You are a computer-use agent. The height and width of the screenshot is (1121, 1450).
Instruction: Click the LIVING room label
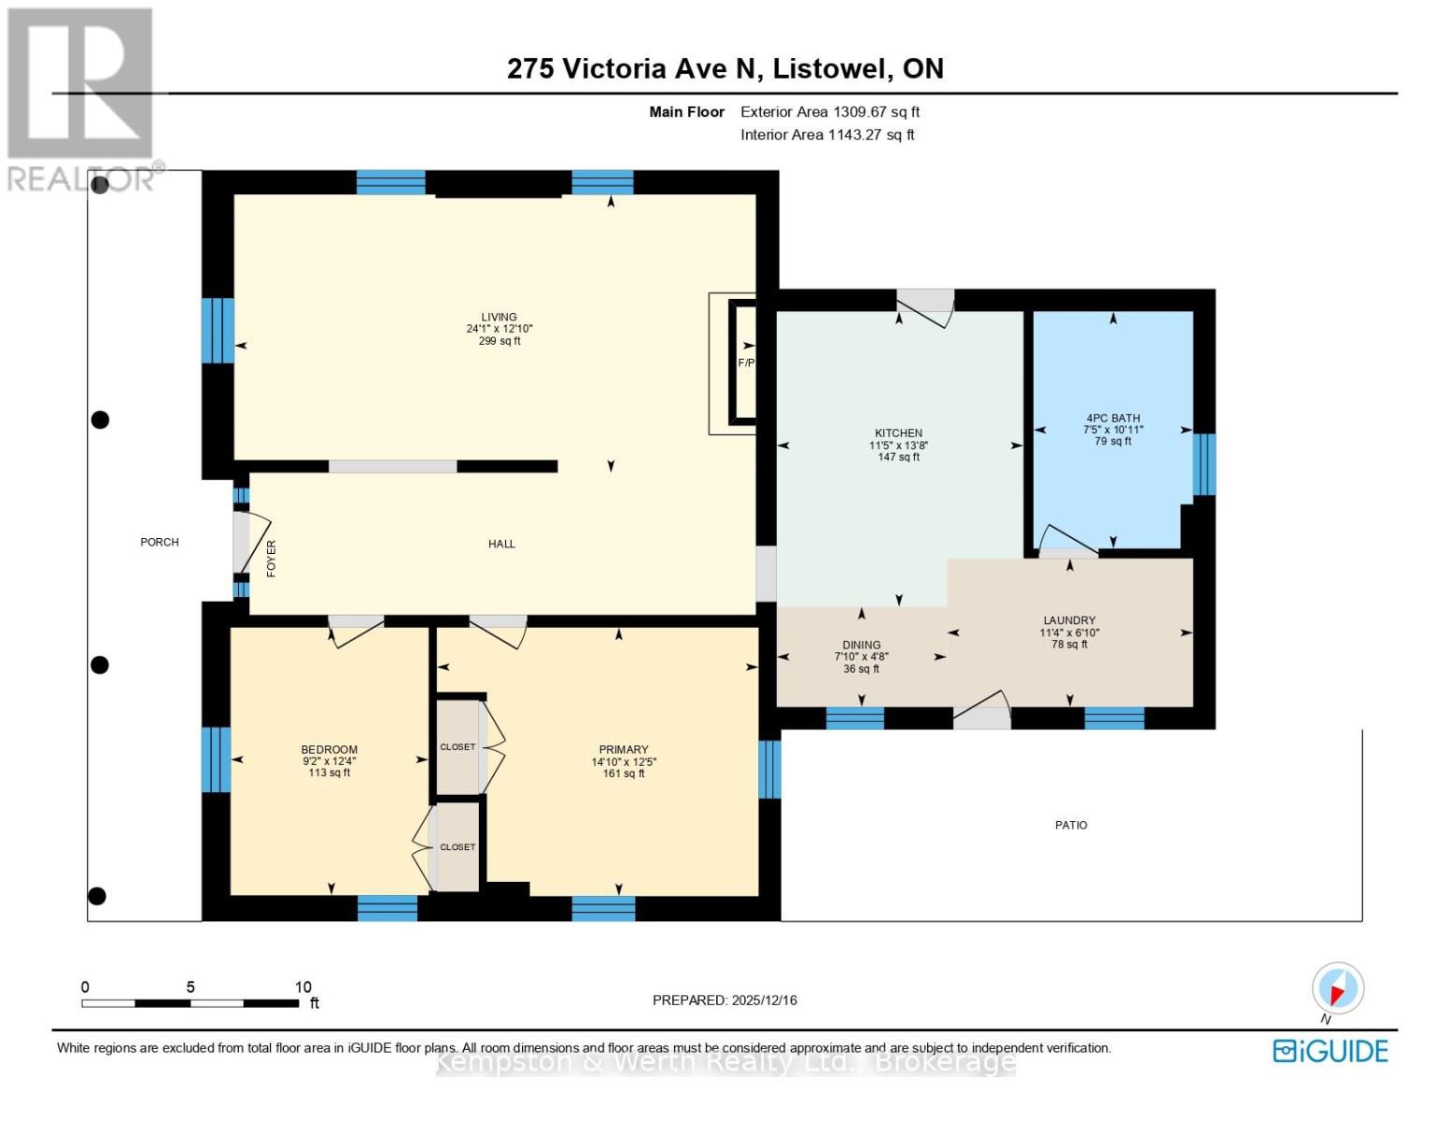pos(499,318)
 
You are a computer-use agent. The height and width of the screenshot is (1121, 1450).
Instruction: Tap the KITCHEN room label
pos(898,433)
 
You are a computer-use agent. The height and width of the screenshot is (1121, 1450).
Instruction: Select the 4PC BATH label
pos(1113,419)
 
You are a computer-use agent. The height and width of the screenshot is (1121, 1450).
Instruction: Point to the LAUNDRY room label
pos(1069,620)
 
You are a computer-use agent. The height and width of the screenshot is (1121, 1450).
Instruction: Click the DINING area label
pos(861,646)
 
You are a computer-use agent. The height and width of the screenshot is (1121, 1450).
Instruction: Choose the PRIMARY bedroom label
pos(623,749)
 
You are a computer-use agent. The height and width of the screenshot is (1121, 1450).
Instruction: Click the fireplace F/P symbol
pos(746,362)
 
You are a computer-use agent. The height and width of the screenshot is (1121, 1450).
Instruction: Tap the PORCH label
pos(160,542)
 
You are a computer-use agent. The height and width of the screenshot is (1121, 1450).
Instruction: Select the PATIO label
pos(1071,825)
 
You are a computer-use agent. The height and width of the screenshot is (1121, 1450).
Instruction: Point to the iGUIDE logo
pos(1330,1051)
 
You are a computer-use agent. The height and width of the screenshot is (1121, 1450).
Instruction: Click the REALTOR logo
pos(80,98)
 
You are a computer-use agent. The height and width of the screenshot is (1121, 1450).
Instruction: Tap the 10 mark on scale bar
pos(303,987)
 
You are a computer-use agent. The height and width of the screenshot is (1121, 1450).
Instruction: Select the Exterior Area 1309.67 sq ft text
pos(829,112)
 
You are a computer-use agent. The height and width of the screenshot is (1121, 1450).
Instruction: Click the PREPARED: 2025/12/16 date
pos(725,1000)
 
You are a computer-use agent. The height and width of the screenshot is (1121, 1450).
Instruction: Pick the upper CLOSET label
pos(458,747)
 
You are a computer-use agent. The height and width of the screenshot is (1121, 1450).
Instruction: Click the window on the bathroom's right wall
pos(1204,464)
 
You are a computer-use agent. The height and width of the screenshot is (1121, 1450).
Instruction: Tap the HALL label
pos(501,544)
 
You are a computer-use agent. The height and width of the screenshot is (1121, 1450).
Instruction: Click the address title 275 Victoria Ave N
pos(725,68)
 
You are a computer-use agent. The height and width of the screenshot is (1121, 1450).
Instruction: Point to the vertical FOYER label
pos(272,559)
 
